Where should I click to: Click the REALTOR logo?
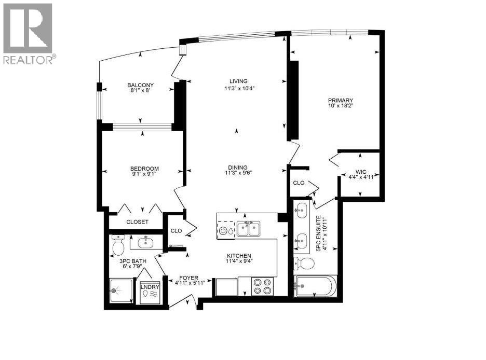coord(28,33)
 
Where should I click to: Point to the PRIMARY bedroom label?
coord(340,101)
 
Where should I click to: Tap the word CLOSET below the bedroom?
coord(137,222)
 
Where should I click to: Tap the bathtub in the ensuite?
coord(315,287)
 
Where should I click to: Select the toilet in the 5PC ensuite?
coord(304,264)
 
